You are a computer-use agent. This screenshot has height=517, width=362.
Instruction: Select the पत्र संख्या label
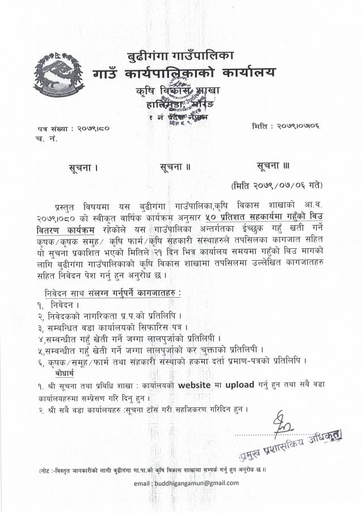click(x=49, y=128)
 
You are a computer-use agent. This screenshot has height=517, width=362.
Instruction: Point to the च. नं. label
click(x=40, y=138)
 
